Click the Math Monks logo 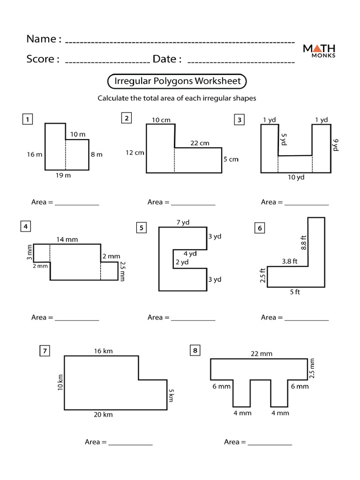click(319, 50)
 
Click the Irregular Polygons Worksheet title click(178, 81)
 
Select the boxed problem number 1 click(28, 120)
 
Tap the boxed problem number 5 click(141, 228)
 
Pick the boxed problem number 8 click(195, 350)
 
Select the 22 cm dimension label click(200, 143)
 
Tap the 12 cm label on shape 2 click(134, 152)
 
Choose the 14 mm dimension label click(67, 240)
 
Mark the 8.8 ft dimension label click(303, 243)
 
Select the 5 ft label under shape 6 click(295, 292)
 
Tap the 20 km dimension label click(103, 414)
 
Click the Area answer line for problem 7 click(130, 442)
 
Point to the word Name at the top click(41, 39)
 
